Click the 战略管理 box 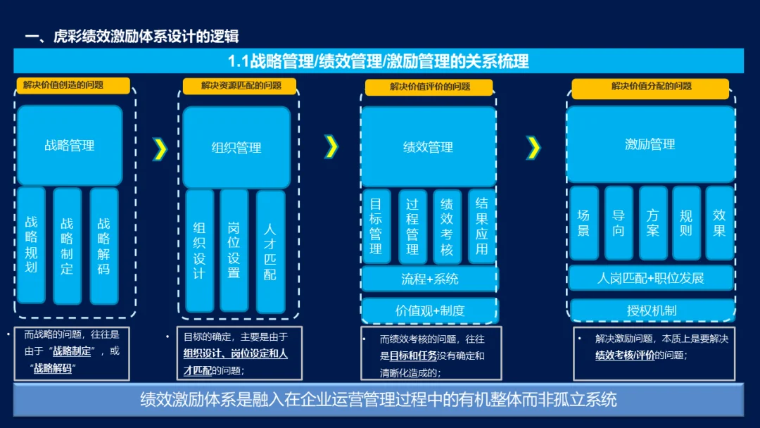click(x=70, y=145)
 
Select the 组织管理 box click(x=236, y=147)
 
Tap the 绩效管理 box click(x=429, y=147)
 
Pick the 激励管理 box click(x=650, y=144)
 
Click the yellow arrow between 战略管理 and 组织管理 click(x=160, y=149)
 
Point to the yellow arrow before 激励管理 click(x=533, y=148)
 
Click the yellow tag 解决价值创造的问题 click(x=73, y=85)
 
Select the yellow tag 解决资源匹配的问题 click(x=239, y=86)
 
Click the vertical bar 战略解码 click(x=104, y=246)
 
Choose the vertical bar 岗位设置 click(x=234, y=250)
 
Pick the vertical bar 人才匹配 click(x=270, y=251)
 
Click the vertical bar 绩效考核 click(x=447, y=227)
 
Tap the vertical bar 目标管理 click(x=376, y=227)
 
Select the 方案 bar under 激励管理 click(x=653, y=223)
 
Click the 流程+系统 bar click(x=429, y=279)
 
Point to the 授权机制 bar click(x=652, y=310)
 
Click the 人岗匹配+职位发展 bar click(x=651, y=278)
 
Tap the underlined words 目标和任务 click(x=413, y=355)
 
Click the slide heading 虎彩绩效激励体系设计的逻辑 click(x=146, y=37)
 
